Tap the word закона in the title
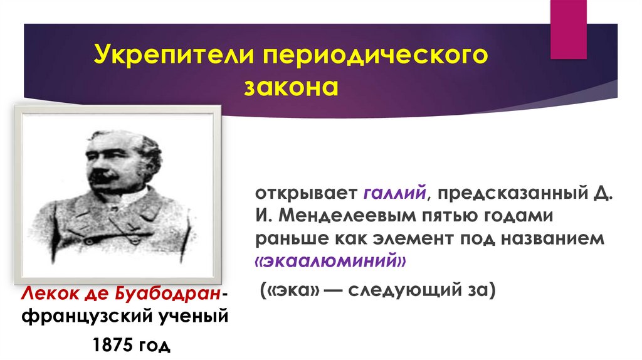pos(290,86)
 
